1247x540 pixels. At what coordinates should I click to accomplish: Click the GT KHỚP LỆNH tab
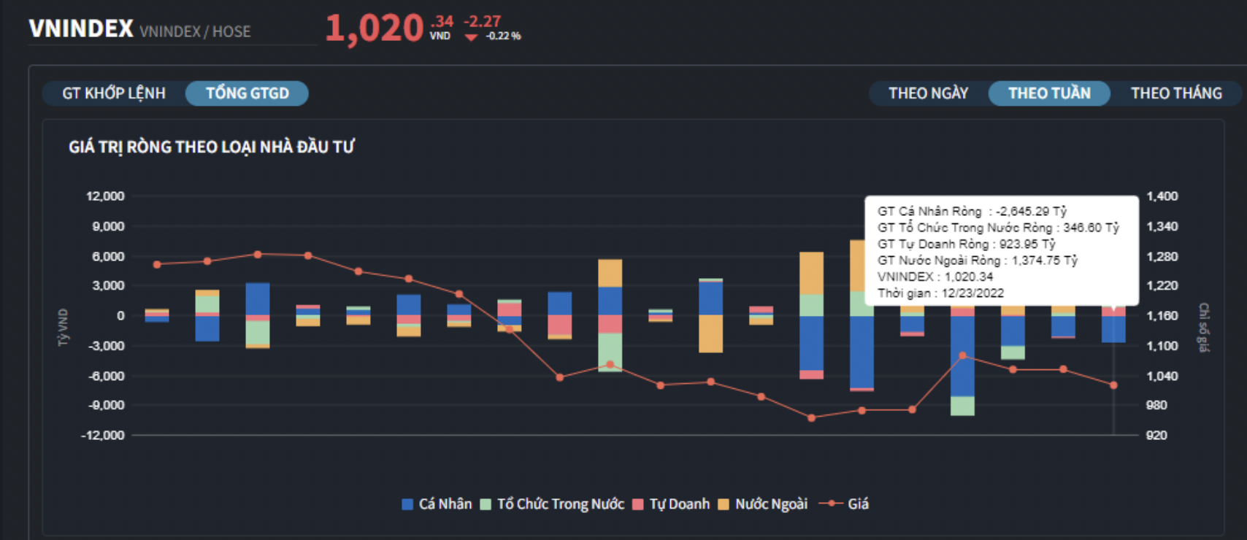pyautogui.click(x=114, y=93)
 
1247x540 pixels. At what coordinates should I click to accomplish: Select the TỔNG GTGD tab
pyautogui.click(x=247, y=93)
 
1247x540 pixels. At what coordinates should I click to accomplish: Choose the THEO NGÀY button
pyautogui.click(x=928, y=93)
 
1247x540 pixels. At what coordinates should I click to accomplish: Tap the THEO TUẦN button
pyautogui.click(x=1049, y=93)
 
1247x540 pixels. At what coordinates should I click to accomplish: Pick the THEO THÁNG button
pyautogui.click(x=1175, y=93)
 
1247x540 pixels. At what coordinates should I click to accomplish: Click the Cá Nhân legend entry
pyautogui.click(x=437, y=504)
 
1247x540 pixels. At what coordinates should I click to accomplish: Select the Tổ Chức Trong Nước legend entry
pyautogui.click(x=553, y=504)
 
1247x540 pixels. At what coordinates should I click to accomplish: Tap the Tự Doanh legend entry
pyautogui.click(x=671, y=504)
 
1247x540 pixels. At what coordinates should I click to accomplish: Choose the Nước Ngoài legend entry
pyautogui.click(x=764, y=504)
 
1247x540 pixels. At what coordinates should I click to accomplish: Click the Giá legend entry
pyautogui.click(x=845, y=504)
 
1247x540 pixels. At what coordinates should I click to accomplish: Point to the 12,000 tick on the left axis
pyautogui.click(x=105, y=196)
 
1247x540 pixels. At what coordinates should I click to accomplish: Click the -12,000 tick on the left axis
pyautogui.click(x=103, y=435)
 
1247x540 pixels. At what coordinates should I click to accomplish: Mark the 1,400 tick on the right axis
pyautogui.click(x=1162, y=196)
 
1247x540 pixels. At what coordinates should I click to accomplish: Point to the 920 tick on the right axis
pyautogui.click(x=1156, y=435)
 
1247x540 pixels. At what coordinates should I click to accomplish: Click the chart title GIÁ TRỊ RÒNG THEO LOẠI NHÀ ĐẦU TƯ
pyautogui.click(x=212, y=147)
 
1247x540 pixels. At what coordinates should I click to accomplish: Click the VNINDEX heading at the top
pyautogui.click(x=81, y=29)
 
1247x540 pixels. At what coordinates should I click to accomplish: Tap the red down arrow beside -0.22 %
pyautogui.click(x=471, y=37)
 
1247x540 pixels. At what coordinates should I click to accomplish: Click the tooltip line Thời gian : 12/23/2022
pyautogui.click(x=940, y=293)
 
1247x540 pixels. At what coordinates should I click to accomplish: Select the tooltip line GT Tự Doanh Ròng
pyautogui.click(x=966, y=244)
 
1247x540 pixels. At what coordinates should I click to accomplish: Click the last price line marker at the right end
pyautogui.click(x=1113, y=385)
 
